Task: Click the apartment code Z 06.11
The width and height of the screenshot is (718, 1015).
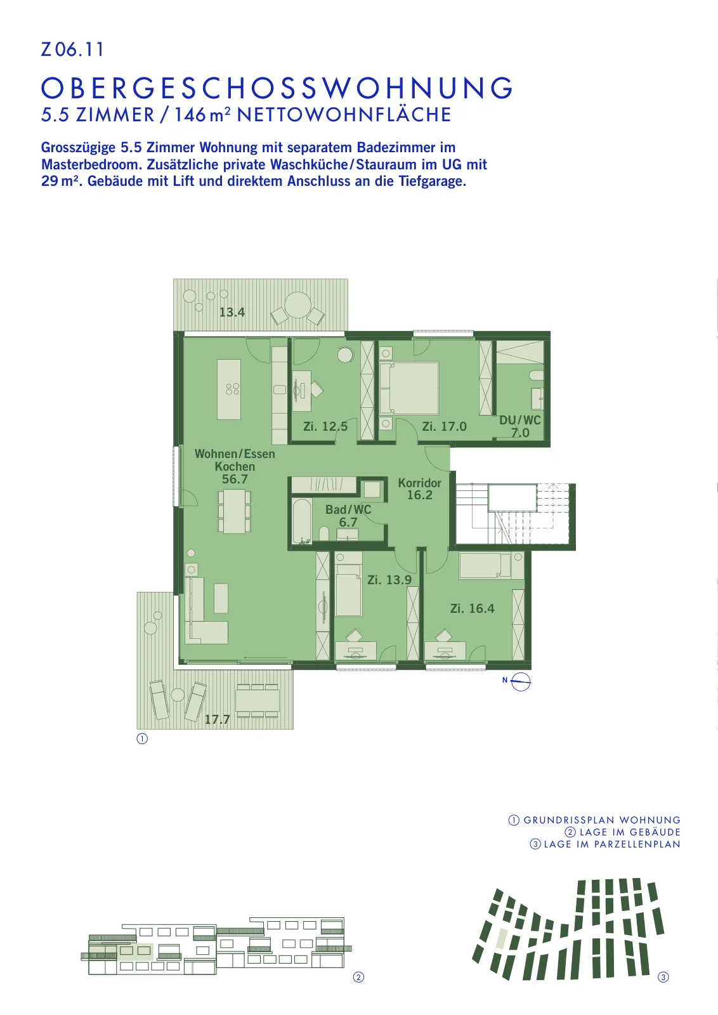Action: pos(72,49)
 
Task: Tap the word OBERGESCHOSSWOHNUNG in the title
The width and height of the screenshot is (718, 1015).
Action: pos(277,88)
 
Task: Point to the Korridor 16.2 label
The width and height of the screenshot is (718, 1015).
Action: pos(419,489)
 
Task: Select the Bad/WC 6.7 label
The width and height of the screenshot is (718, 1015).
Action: pos(348,516)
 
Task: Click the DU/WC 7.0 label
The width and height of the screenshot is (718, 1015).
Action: pos(520,426)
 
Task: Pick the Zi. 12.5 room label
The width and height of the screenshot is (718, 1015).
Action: pos(325,426)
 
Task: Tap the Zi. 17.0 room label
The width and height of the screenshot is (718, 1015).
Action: pos(445,426)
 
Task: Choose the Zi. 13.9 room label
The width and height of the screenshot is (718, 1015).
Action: pos(389,580)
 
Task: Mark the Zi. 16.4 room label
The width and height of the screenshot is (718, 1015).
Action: pos(473,608)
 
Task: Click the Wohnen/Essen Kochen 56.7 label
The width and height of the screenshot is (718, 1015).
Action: pos(235,466)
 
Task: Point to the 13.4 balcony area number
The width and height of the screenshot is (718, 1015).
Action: pos(232,312)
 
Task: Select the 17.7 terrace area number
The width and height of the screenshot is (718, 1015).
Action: pos(217,719)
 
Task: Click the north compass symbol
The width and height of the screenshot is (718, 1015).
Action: pos(521,681)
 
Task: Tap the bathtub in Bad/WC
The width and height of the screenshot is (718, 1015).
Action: pos(302,521)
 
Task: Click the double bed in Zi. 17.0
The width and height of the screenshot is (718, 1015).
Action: pos(410,388)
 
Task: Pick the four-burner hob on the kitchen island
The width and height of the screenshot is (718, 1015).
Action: pos(232,389)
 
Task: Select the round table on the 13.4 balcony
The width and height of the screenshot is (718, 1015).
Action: pos(297,304)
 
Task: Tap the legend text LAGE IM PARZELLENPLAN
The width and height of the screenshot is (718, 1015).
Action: pos(612,844)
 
